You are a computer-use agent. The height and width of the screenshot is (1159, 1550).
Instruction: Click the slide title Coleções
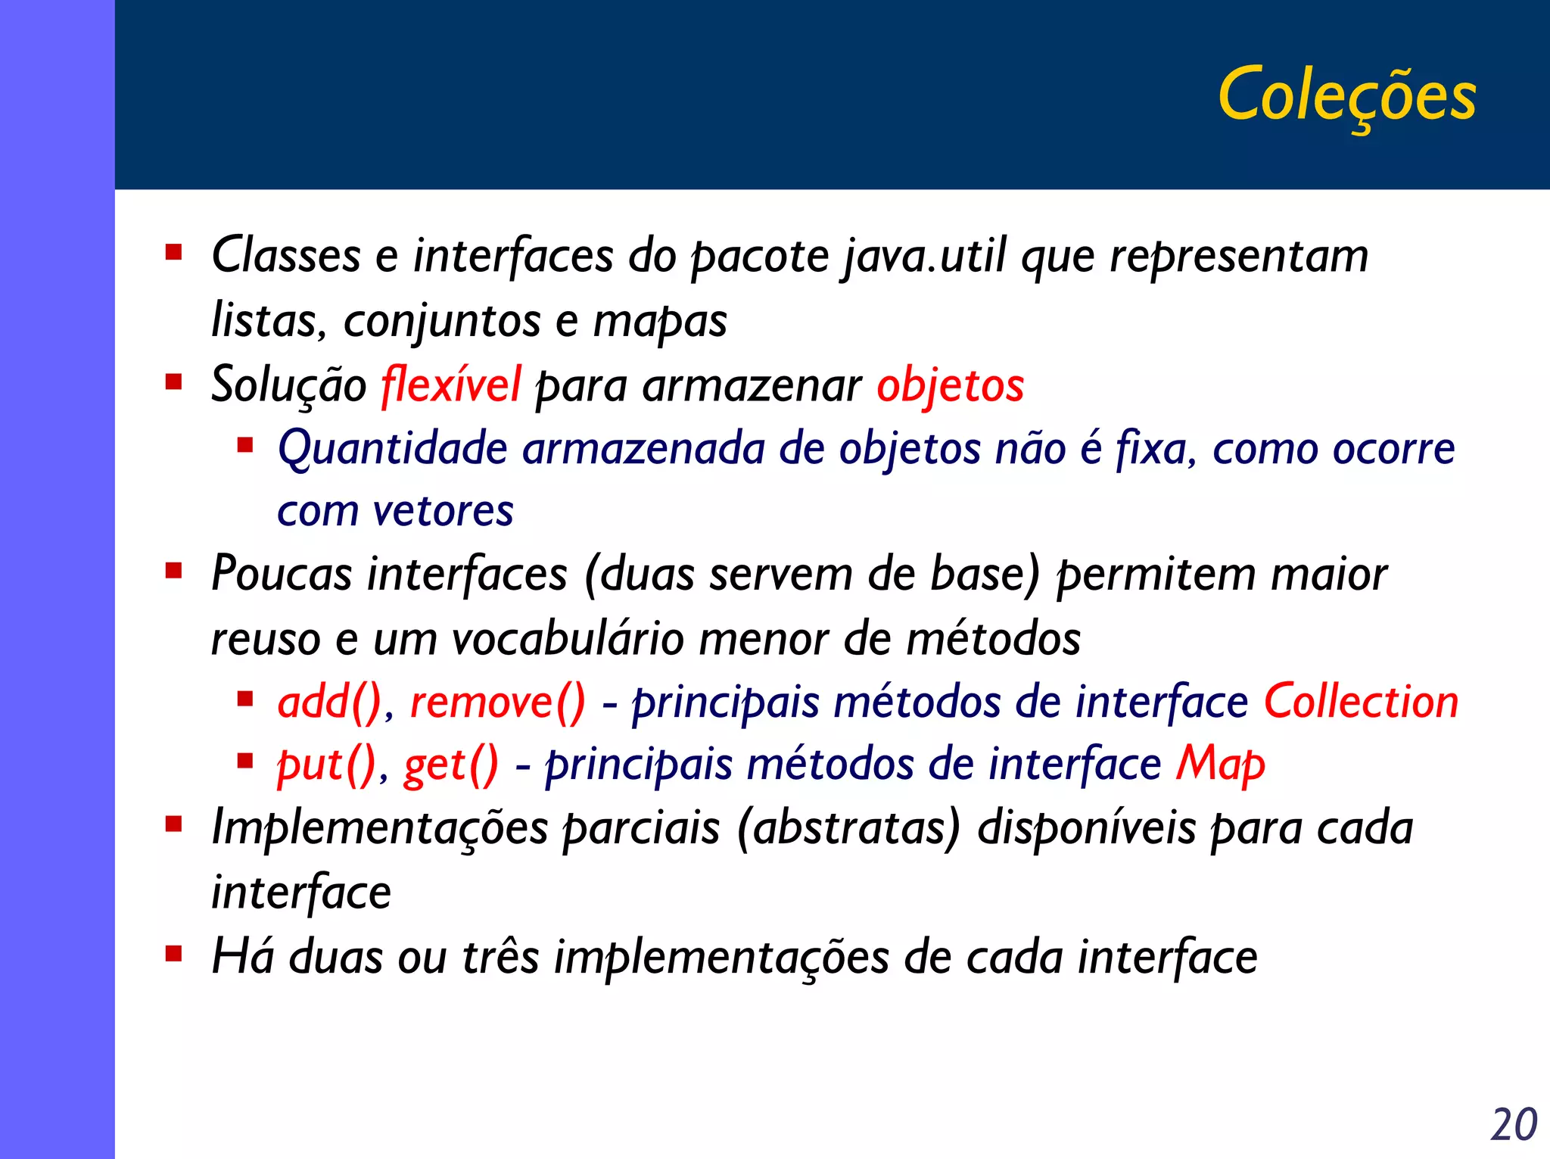click(1346, 95)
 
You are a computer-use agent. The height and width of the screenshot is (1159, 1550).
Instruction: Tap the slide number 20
click(1514, 1124)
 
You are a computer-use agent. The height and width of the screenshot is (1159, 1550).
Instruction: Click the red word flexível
click(451, 385)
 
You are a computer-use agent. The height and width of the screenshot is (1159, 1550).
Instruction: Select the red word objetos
click(950, 385)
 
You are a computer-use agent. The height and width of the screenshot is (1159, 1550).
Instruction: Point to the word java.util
click(924, 256)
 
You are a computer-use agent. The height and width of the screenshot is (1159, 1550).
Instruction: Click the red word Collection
click(1361, 701)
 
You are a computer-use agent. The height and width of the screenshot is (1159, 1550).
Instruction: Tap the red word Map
click(1220, 763)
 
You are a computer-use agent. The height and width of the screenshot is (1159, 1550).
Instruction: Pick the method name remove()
click(497, 702)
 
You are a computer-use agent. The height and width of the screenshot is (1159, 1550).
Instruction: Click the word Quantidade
click(392, 448)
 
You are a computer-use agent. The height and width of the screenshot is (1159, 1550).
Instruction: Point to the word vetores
click(444, 511)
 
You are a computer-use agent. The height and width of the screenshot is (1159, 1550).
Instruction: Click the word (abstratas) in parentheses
click(848, 827)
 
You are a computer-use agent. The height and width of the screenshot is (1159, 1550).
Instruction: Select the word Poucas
click(282, 574)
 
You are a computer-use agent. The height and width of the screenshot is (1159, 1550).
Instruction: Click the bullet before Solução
click(174, 382)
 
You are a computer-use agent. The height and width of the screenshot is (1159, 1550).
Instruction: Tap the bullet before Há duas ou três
click(174, 953)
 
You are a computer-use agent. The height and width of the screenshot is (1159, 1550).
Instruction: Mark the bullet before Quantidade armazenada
click(244, 445)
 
